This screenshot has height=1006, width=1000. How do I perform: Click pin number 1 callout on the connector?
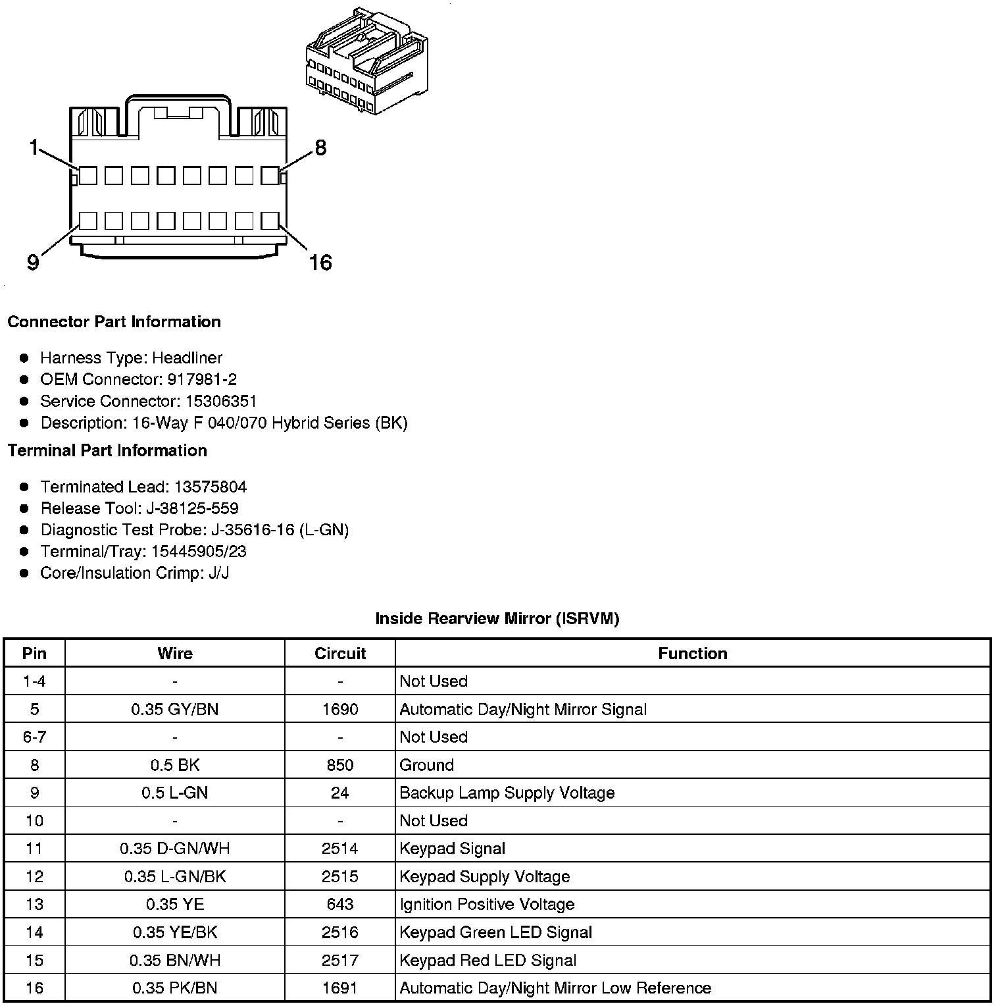[34, 147]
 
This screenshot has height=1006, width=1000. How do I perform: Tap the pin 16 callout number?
[320, 263]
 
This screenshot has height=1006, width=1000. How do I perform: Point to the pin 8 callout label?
[320, 148]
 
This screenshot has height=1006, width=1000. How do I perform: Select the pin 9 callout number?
[33, 263]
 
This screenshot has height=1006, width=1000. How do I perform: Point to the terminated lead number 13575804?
[210, 487]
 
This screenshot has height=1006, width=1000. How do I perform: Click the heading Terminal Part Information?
[107, 451]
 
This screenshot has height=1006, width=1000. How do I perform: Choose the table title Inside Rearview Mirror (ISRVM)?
[497, 619]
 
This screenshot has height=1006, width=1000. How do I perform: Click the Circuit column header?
[339, 654]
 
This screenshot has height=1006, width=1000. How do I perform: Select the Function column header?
[692, 654]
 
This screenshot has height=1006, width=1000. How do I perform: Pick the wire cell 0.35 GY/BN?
[174, 710]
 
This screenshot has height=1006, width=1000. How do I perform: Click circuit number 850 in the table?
[339, 766]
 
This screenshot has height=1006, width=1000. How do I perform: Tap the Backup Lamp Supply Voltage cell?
[507, 793]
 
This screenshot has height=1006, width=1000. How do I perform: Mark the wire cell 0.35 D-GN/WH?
[174, 849]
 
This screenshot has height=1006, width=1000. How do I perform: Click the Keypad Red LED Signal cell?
[488, 961]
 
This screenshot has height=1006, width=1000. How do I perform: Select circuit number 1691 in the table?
[339, 988]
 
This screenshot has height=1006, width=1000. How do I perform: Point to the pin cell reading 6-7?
[34, 737]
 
